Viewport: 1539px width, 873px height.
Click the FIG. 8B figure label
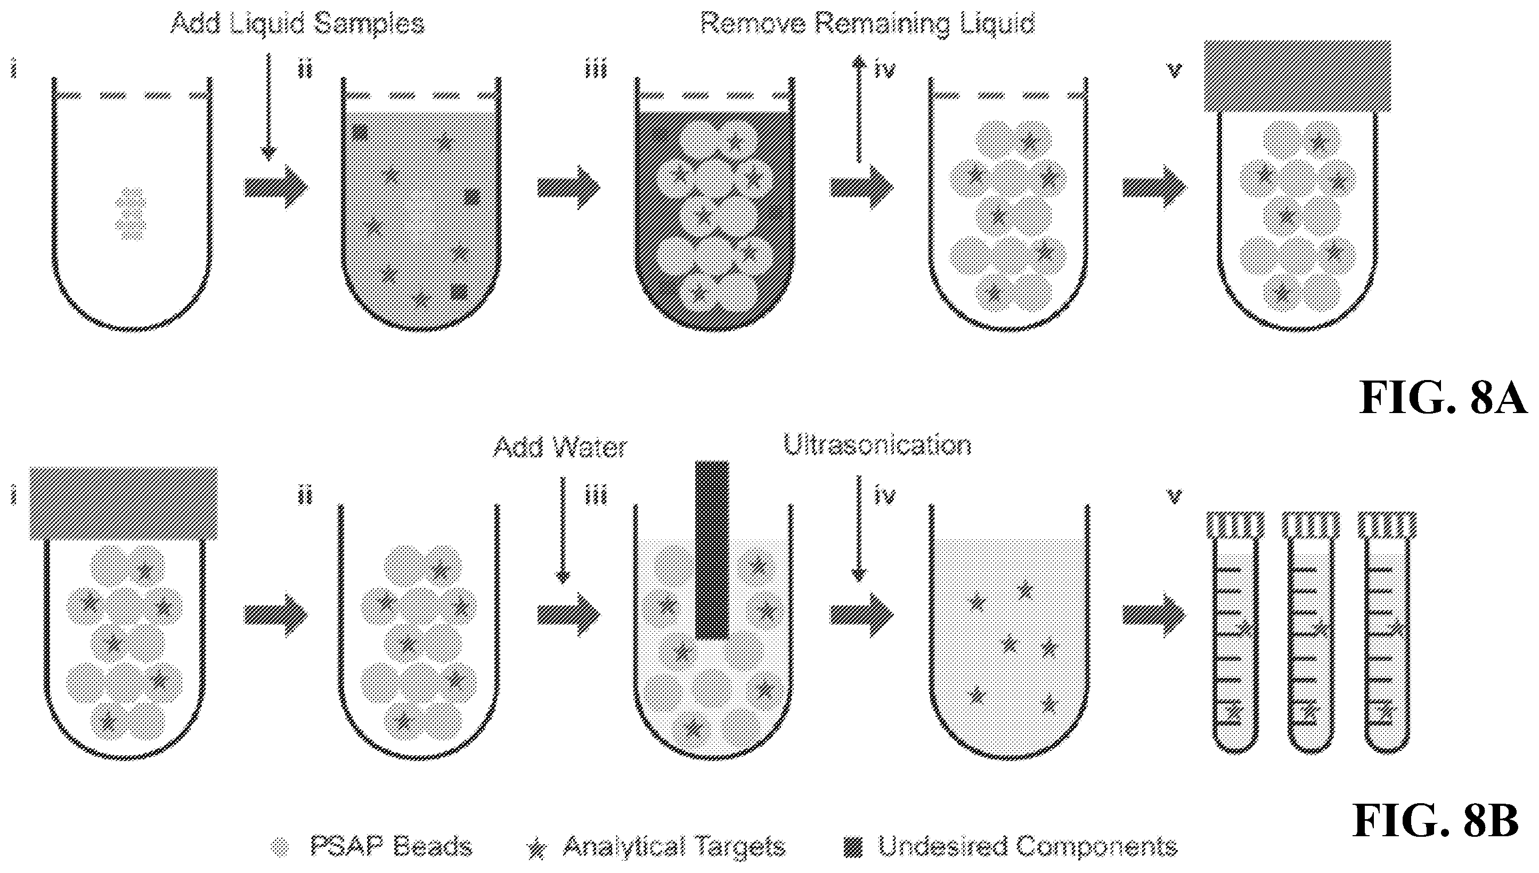(x=1436, y=821)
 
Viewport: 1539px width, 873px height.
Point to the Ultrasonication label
(x=877, y=446)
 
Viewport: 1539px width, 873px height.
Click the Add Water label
(x=560, y=447)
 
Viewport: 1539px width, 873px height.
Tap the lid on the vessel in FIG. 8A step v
(x=1298, y=76)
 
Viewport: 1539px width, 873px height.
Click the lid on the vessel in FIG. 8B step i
(x=124, y=504)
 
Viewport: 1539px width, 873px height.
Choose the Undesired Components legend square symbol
(x=853, y=846)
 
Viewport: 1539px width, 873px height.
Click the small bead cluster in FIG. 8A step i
(x=131, y=214)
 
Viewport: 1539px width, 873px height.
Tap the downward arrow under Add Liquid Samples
(x=269, y=107)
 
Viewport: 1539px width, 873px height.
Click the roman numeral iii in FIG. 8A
(x=596, y=70)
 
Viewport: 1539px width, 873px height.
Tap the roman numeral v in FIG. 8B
(x=1174, y=497)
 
